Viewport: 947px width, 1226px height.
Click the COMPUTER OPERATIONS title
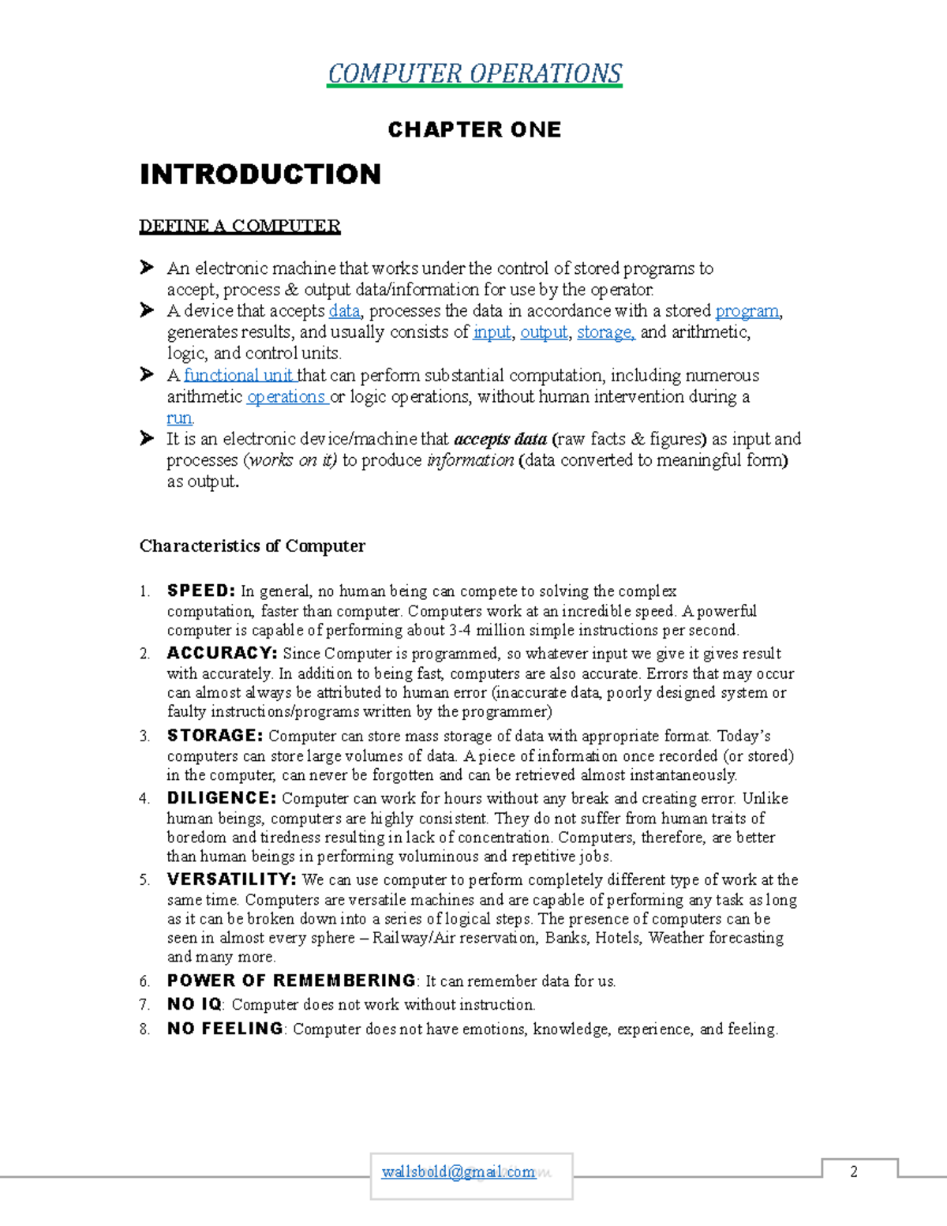pos(474,73)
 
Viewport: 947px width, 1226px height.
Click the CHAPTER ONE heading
pos(474,129)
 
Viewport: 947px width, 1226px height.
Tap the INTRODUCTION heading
pos(260,174)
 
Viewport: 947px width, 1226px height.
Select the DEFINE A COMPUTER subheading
pos(240,227)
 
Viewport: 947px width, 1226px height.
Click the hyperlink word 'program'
pos(747,311)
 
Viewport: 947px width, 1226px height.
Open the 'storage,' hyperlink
pos(605,332)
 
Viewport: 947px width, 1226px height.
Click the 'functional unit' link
pos(239,376)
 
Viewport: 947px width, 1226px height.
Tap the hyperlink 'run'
pos(179,418)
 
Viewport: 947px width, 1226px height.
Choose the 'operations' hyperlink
pos(286,397)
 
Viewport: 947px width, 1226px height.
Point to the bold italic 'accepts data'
pos(500,440)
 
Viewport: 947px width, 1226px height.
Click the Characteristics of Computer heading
pos(253,546)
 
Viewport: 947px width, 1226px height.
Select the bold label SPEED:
pos(201,591)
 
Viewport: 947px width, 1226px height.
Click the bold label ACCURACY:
pos(222,654)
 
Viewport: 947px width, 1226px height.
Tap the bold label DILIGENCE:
pos(221,798)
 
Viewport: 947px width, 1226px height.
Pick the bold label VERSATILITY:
pos(231,879)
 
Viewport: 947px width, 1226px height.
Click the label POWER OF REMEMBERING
pos(291,980)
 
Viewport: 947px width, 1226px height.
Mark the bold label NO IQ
pos(194,1004)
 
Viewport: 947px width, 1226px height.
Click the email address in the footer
pos(459,1172)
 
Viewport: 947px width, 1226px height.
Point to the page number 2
pos(853,1172)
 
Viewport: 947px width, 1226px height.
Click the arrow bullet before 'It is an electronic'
pos(147,438)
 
